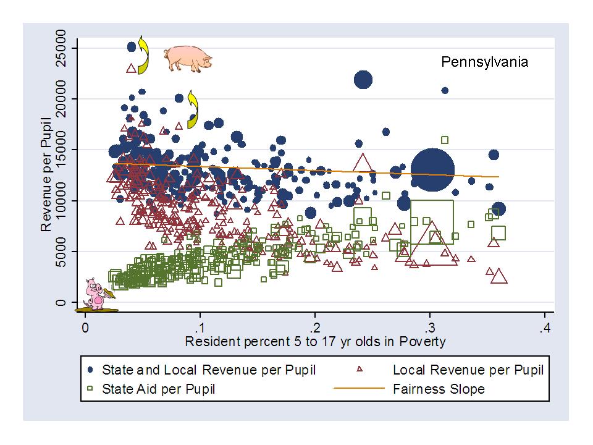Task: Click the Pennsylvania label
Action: click(x=484, y=62)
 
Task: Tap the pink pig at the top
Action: click(x=188, y=58)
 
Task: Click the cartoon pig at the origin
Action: click(x=96, y=295)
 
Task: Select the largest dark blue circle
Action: click(x=433, y=169)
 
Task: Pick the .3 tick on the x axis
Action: click(x=430, y=327)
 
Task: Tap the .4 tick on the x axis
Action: click(x=544, y=327)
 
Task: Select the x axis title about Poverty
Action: click(x=315, y=341)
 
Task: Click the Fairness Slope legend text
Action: click(x=439, y=389)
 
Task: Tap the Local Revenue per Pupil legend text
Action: click(x=468, y=370)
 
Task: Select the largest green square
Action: click(x=432, y=222)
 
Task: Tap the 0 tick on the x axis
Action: click(x=85, y=327)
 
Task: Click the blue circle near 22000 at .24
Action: click(x=363, y=80)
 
